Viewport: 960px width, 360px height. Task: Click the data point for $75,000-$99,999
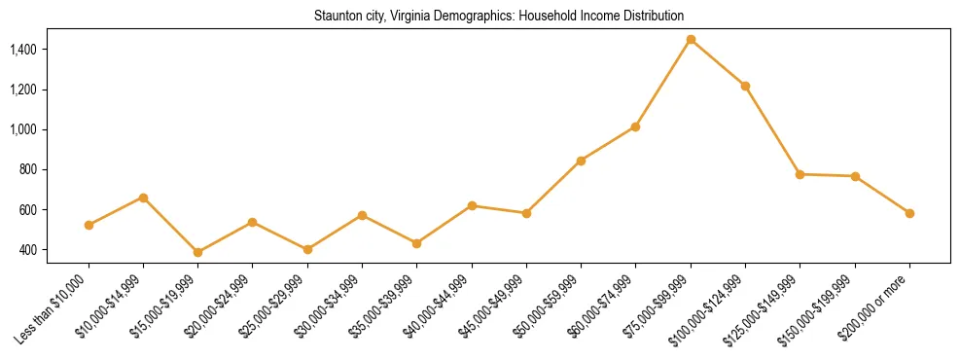pos(691,39)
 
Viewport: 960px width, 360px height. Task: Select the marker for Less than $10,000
pos(89,225)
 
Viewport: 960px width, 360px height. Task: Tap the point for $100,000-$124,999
pos(745,86)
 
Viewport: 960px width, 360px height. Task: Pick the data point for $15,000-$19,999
pos(197,252)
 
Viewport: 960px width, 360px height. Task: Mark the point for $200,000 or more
pos(909,213)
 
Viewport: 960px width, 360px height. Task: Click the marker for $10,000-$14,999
pos(143,198)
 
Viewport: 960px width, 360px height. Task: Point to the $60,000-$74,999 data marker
pos(635,126)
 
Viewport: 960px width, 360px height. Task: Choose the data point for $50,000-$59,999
pos(581,161)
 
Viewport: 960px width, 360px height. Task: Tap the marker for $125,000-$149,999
pos(800,174)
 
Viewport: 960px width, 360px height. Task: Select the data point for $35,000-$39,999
pos(416,243)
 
